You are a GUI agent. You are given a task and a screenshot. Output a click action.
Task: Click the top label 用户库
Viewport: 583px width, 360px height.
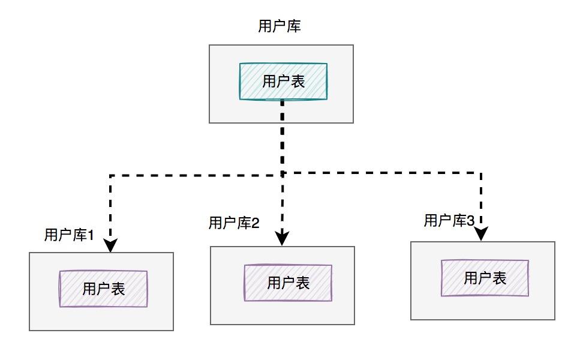point(280,26)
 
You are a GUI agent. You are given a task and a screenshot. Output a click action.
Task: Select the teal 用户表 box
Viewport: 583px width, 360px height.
point(283,82)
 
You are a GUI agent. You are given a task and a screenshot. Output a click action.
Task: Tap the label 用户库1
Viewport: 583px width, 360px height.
point(69,235)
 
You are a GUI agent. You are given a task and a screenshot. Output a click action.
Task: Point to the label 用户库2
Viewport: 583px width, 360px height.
point(233,223)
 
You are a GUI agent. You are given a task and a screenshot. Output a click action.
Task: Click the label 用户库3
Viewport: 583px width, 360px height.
point(449,221)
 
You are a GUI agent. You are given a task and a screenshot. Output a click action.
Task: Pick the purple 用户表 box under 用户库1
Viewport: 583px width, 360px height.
point(103,289)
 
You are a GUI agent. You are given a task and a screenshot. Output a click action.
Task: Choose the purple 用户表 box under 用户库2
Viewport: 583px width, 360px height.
point(288,283)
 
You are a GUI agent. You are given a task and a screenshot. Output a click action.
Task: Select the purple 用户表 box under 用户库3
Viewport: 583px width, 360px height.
point(485,278)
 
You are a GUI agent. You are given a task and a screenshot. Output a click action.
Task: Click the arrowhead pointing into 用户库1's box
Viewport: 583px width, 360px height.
point(110,245)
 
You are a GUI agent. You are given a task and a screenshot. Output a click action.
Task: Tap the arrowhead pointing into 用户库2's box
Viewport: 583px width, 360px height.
point(283,238)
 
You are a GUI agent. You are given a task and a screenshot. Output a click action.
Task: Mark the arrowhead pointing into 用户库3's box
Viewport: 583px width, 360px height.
point(481,234)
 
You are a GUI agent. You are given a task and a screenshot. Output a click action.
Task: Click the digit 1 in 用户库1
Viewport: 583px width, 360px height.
point(90,235)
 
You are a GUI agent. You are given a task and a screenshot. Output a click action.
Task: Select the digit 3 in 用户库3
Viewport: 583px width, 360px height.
point(471,221)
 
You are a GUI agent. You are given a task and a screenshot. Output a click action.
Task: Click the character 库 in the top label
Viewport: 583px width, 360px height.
point(294,26)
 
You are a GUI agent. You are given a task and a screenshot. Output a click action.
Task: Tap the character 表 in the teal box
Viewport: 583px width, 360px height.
point(298,82)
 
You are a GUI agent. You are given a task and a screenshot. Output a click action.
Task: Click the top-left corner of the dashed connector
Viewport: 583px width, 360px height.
point(110,175)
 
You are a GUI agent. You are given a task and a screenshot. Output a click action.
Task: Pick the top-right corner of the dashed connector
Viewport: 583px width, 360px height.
point(481,173)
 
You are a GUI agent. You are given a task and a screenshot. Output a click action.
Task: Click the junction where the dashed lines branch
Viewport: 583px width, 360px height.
point(283,173)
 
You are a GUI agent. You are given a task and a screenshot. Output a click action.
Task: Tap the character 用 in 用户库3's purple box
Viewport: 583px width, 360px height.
point(471,278)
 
